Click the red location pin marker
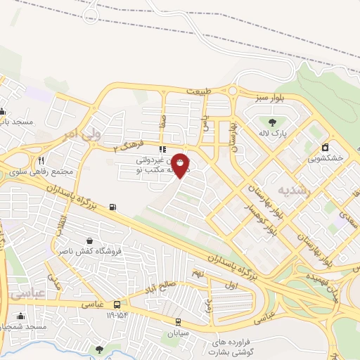point(181,166)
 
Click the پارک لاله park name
point(274,132)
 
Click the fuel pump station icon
point(113,207)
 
